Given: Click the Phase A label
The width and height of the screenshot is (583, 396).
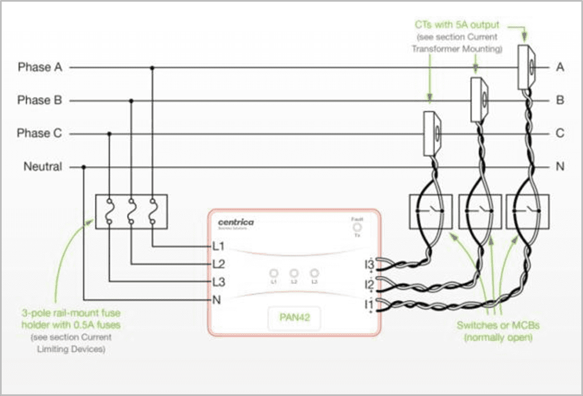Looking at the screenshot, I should (x=40, y=67).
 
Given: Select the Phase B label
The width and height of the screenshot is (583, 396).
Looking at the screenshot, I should (x=40, y=101).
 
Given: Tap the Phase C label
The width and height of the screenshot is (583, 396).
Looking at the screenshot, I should (x=40, y=134).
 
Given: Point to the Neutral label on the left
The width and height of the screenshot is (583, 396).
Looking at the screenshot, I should (x=43, y=167).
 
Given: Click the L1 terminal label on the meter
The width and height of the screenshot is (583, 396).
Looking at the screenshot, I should (x=218, y=246).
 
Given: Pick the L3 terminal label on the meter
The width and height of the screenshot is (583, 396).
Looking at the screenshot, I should (x=218, y=282).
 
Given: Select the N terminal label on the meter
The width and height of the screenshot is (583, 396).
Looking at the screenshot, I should (x=217, y=300).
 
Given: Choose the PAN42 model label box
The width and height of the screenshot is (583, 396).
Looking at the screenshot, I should (x=294, y=320).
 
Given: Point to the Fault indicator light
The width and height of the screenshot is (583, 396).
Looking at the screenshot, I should (x=357, y=228).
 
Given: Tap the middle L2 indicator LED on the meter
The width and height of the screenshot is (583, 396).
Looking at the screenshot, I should (x=294, y=274).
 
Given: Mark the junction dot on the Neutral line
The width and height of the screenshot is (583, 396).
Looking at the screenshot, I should (x=84, y=167).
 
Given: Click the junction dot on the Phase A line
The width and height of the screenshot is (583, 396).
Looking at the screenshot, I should (x=152, y=67).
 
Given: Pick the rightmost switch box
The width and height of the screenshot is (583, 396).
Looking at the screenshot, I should (x=527, y=211).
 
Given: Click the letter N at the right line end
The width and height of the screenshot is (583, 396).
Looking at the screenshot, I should (x=560, y=167).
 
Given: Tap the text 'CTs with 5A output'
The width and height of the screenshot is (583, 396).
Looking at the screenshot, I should (x=457, y=25).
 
